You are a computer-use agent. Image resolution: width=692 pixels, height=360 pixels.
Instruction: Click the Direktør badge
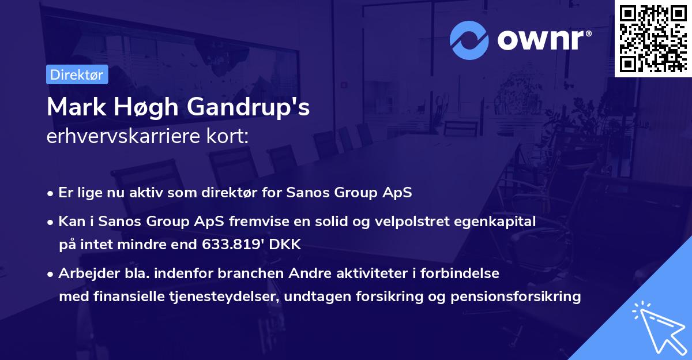coord(77,74)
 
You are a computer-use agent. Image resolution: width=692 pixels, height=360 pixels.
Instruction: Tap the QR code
coord(653,39)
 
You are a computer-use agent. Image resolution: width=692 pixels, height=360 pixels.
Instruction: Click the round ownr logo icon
coord(469,40)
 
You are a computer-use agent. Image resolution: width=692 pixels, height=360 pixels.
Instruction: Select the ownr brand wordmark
coord(542,40)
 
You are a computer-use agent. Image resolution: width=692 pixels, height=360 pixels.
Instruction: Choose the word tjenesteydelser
coord(212,297)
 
